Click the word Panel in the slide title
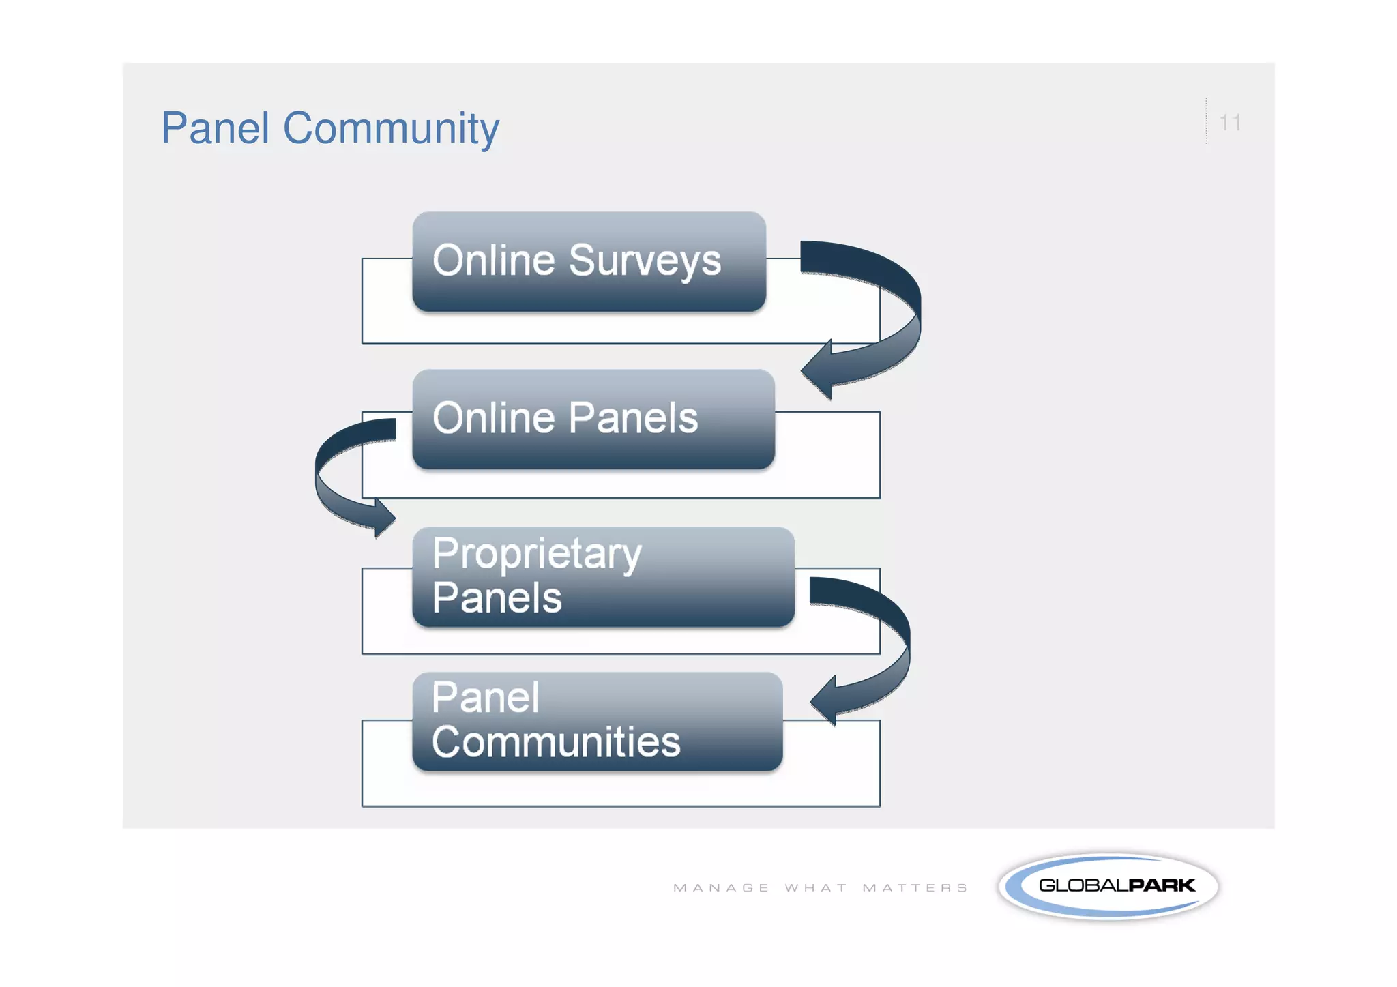point(215,128)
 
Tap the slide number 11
point(1230,123)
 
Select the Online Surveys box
point(589,262)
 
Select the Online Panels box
point(593,419)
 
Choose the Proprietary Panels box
point(603,577)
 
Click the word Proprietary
point(537,554)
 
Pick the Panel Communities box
point(597,722)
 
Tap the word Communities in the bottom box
point(556,742)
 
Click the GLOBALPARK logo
point(1108,886)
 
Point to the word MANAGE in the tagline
point(721,888)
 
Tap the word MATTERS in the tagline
point(915,888)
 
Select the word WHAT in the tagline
point(816,888)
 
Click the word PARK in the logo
point(1161,885)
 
